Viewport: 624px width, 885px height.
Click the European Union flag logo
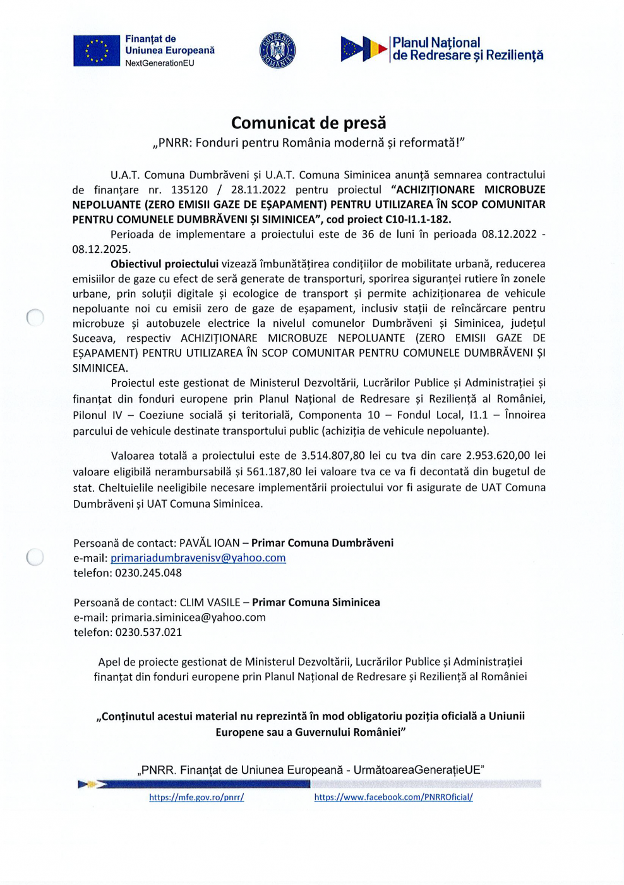96,51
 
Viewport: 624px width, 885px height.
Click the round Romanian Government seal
277,51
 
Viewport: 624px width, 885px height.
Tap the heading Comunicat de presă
308,123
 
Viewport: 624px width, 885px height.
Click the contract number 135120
189,190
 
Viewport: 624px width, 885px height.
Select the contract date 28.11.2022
258,190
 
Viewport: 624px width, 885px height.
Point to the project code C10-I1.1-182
417,219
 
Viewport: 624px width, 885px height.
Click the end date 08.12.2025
101,249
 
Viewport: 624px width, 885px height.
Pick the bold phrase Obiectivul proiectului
164,264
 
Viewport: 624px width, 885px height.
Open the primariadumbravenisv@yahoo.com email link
198,558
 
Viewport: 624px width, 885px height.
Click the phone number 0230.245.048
148,573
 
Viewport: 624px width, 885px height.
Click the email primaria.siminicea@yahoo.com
188,618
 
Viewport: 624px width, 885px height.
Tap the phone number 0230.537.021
148,633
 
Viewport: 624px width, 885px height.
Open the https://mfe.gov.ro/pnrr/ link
196,798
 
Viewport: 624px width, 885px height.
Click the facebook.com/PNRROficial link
393,798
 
